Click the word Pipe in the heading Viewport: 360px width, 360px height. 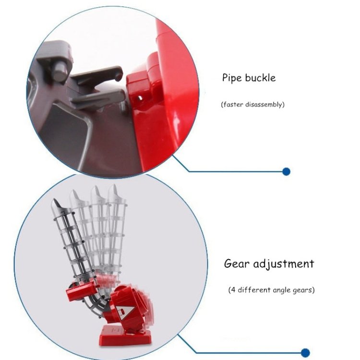pos(232,78)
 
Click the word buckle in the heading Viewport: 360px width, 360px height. pos(260,77)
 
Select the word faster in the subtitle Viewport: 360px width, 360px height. pos(232,105)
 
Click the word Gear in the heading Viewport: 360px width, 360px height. pos(237,264)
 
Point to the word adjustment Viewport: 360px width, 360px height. pos(283,264)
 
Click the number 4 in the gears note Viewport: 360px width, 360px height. pos(233,290)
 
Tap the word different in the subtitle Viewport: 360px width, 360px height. pos(254,290)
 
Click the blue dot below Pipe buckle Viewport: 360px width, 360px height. pos(286,171)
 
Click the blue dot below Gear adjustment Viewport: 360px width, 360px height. pos(305,353)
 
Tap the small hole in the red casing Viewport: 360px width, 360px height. pos(140,98)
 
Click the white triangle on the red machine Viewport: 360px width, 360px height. pos(125,312)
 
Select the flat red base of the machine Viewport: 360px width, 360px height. pos(125,337)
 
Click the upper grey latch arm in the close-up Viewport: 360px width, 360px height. pos(96,75)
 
